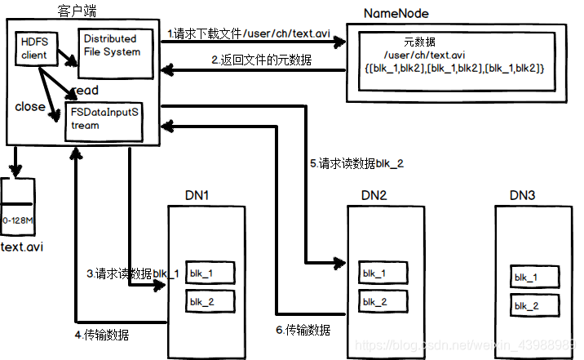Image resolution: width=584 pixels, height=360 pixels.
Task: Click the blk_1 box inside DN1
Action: (210, 273)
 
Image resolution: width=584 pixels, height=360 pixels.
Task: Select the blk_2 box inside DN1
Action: (210, 301)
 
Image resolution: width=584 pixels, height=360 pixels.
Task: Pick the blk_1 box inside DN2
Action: (383, 272)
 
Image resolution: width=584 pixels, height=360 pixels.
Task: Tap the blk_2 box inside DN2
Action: (383, 300)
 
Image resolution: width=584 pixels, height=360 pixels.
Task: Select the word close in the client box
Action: (30, 107)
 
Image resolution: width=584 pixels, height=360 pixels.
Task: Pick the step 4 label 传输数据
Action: (101, 334)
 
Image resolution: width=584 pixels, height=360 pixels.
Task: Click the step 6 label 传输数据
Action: (303, 330)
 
